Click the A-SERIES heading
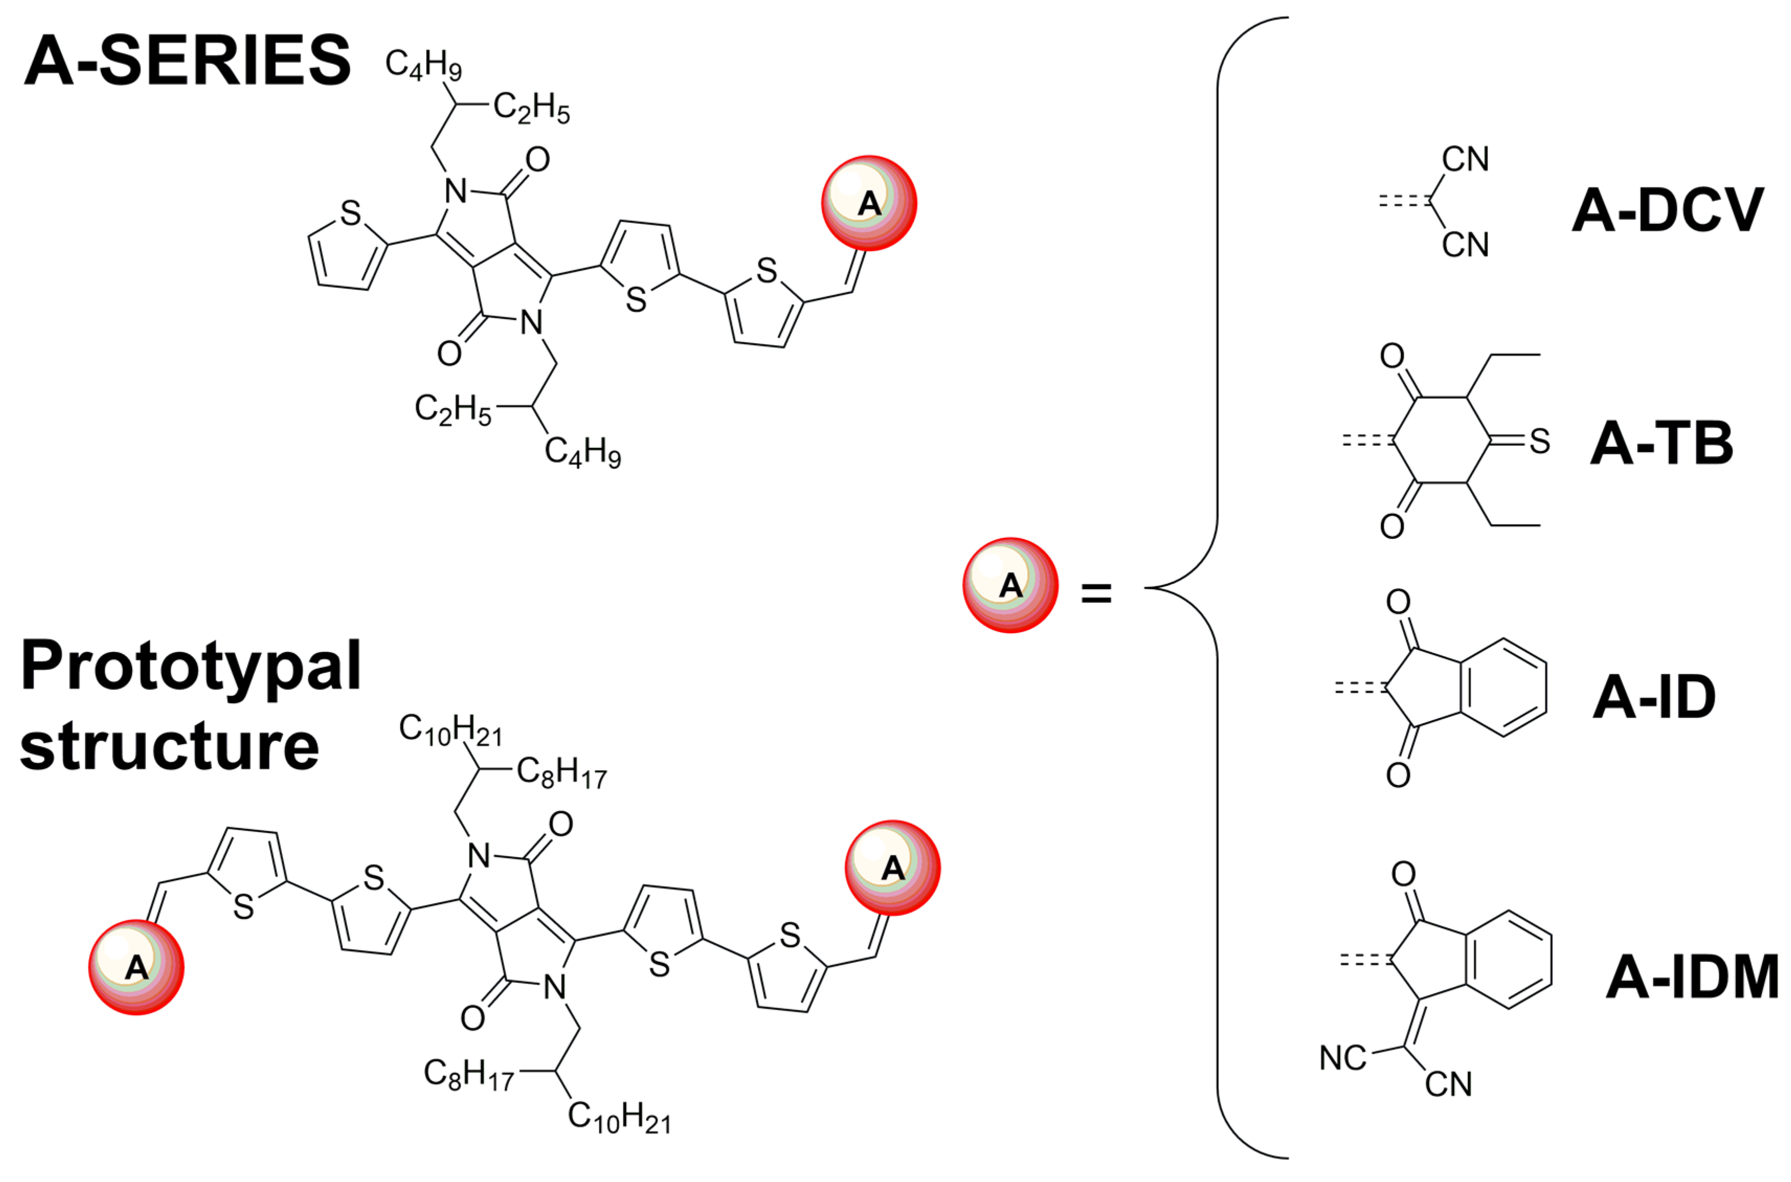coord(187,60)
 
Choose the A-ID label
coord(1654,697)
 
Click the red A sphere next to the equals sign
coord(1010,585)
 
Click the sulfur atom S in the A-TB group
coord(1539,442)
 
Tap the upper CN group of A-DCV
coord(1465,160)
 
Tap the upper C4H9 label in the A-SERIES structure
coord(423,65)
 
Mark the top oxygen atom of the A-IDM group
coord(1403,874)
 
